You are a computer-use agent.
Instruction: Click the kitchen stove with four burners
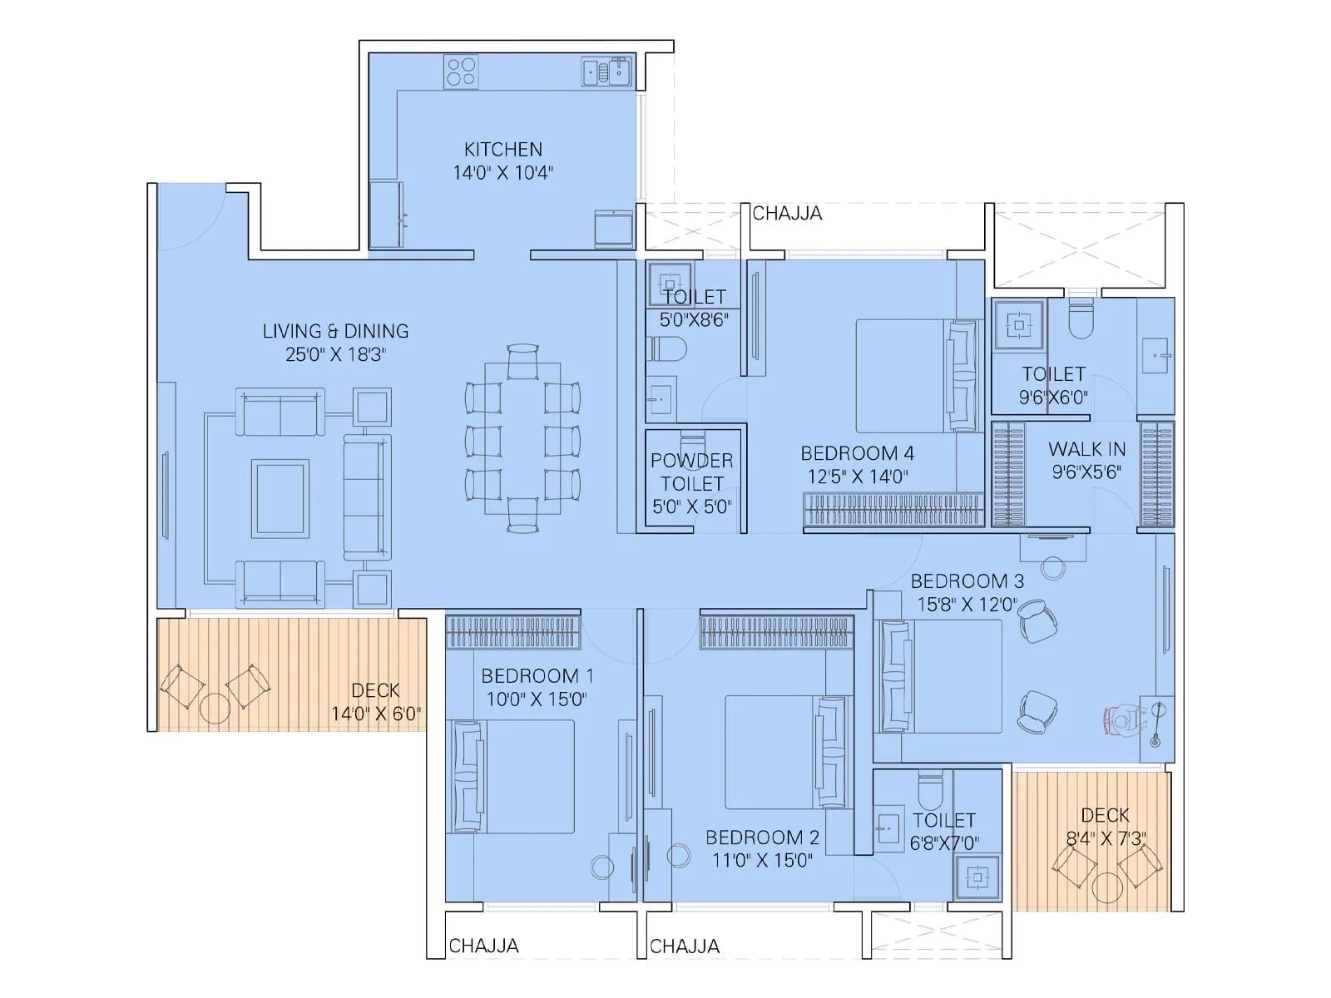click(460, 71)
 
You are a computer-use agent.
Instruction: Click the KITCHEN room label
click(502, 150)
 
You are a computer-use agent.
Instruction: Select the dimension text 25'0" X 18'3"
click(335, 354)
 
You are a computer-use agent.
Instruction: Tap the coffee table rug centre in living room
click(281, 498)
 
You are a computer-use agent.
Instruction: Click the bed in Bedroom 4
click(915, 376)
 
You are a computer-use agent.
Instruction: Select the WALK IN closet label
click(1086, 449)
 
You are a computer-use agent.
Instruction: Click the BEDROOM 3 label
click(967, 581)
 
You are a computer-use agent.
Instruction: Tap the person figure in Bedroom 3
click(1125, 719)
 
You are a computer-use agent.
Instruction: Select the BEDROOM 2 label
click(762, 837)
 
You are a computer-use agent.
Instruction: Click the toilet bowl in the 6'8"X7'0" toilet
click(929, 784)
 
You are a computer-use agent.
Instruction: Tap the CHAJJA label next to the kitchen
click(786, 214)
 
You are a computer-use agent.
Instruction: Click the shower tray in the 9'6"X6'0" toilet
click(1018, 324)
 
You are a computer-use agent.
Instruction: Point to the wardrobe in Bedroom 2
click(776, 631)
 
